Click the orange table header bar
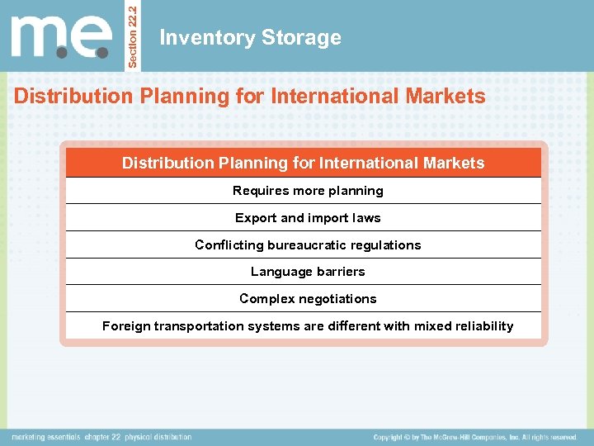pos(304,163)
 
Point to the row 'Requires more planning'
pos(308,191)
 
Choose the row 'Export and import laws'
pos(308,218)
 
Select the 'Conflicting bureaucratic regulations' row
pos(308,245)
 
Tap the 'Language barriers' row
pos(308,272)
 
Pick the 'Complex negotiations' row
pos(308,299)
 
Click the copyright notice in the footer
pos(475,437)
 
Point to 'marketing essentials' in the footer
pos(45,437)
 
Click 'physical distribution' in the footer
pos(159,437)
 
